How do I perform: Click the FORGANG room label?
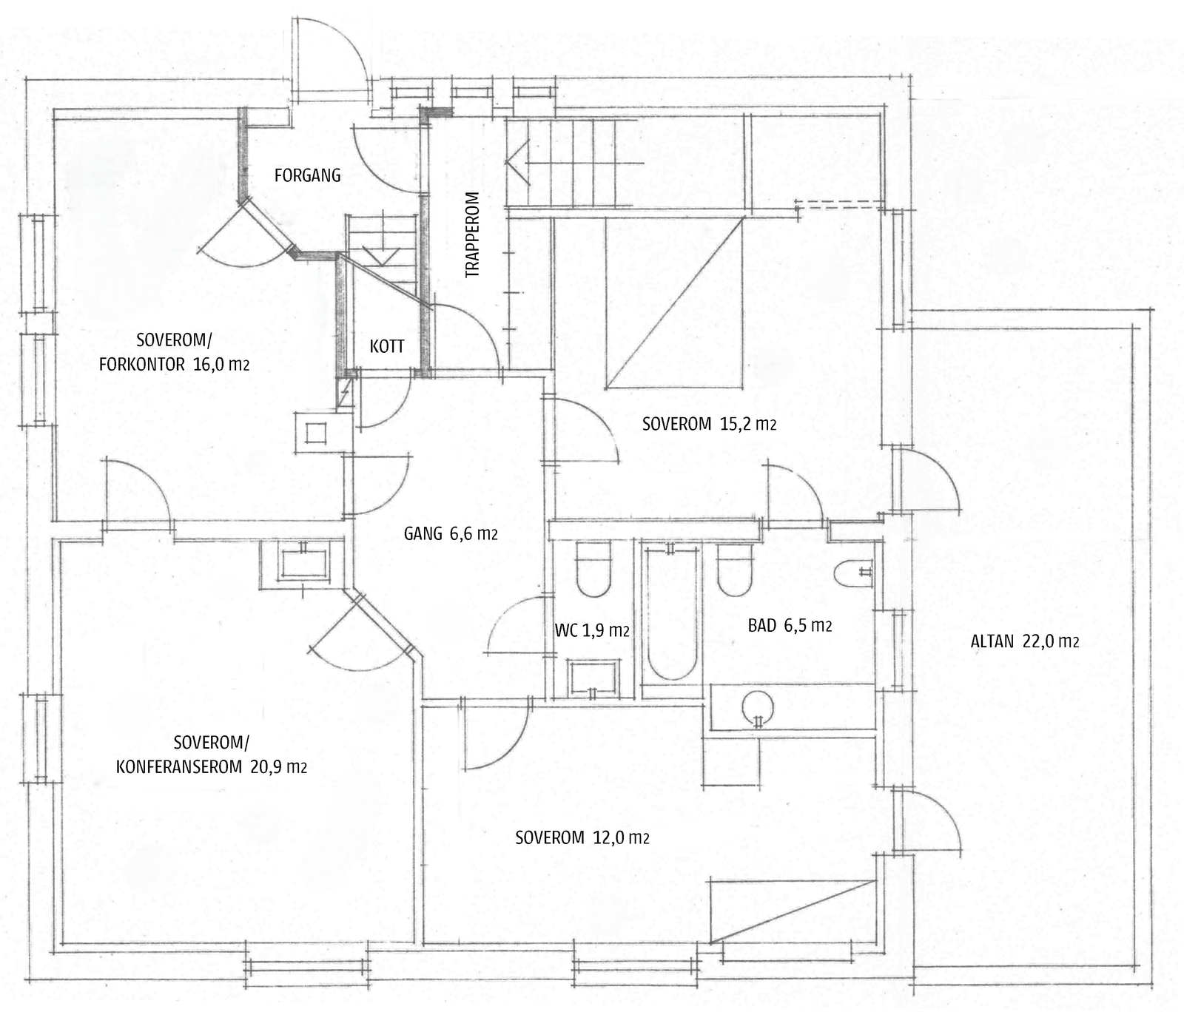(307, 175)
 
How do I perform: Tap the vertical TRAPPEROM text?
(472, 235)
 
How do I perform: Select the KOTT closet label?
(387, 345)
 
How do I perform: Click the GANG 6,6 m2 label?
(450, 533)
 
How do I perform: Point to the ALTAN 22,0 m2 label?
(1024, 641)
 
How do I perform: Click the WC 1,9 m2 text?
(591, 630)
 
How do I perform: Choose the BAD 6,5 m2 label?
(790, 626)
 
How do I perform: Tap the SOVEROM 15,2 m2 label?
(709, 425)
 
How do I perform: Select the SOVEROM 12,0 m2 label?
(582, 837)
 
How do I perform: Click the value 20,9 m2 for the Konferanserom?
(277, 767)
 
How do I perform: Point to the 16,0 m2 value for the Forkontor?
(221, 364)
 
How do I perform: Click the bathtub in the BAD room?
(670, 614)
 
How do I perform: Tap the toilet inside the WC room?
(593, 570)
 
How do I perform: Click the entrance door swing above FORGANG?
(329, 55)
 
